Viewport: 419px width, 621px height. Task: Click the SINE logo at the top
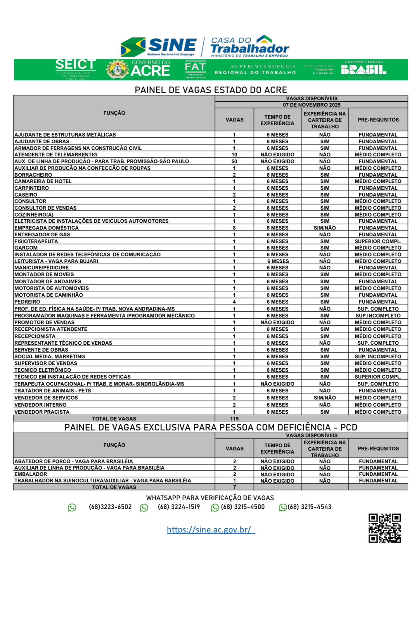(159, 47)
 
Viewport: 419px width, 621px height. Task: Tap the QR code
(384, 528)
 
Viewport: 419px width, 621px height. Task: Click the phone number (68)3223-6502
(110, 507)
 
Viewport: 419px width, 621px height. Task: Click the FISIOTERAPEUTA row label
(36, 241)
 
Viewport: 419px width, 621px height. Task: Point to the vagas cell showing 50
(234, 161)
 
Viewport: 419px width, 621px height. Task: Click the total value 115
(234, 419)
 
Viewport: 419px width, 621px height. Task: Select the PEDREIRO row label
(27, 302)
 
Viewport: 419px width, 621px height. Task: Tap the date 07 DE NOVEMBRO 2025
(312, 105)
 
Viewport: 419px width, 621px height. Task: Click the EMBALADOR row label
(31, 474)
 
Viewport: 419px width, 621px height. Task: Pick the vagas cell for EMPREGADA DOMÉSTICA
(234, 228)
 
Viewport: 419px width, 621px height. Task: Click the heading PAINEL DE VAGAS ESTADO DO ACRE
(211, 90)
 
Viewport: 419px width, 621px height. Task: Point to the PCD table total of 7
(234, 487)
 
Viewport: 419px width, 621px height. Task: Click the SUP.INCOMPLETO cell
(378, 316)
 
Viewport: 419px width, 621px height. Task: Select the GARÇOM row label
(26, 248)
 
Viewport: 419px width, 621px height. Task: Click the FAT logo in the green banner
(195, 69)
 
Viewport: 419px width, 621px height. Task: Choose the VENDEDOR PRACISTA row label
(42, 412)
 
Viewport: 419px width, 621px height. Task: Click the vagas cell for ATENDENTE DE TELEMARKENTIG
(234, 155)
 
